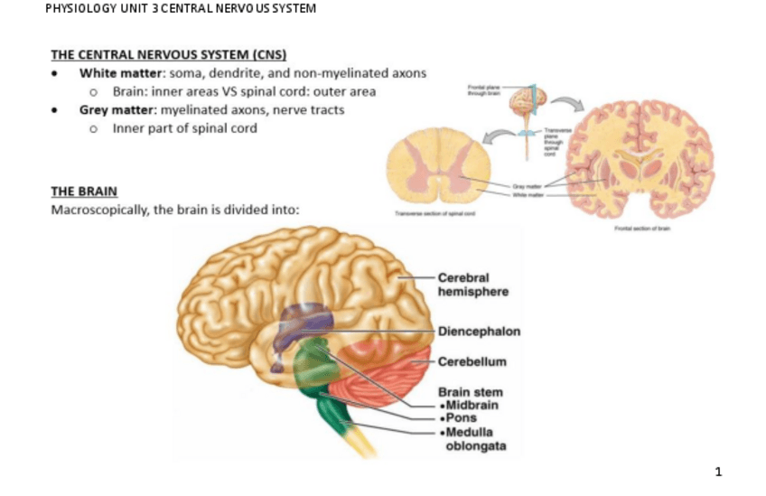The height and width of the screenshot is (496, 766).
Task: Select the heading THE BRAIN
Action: pos(84,192)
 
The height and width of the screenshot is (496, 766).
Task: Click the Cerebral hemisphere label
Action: pos(472,285)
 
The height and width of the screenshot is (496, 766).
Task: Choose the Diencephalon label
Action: pos(479,332)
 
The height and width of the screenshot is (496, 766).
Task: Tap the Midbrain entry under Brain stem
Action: pos(472,405)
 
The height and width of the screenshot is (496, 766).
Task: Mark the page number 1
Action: pos(718,471)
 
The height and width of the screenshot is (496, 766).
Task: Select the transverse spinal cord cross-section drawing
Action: pos(438,167)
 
